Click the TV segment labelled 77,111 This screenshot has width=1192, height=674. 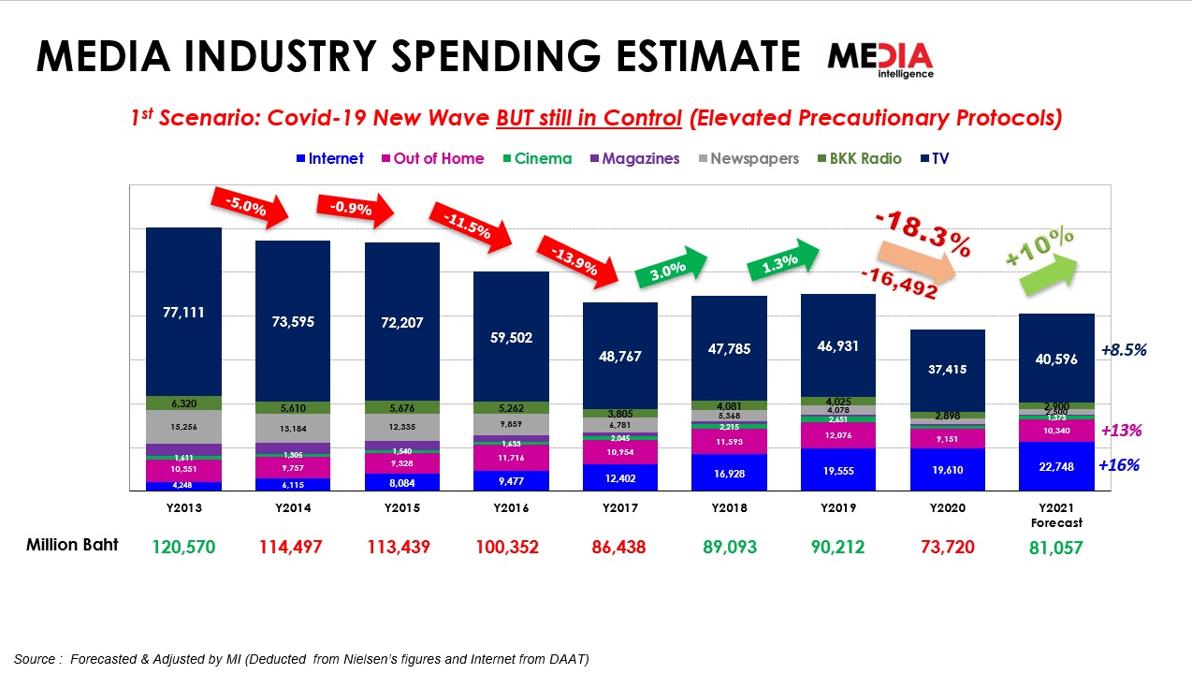click(x=183, y=312)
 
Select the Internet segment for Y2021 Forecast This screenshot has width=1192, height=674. click(x=1056, y=466)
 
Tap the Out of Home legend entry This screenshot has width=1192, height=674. click(x=431, y=158)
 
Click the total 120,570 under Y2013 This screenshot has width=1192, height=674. click(x=183, y=547)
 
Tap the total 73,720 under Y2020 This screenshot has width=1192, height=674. click(x=947, y=547)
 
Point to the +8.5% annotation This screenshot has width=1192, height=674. click(x=1124, y=350)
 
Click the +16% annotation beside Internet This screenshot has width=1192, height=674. click(x=1119, y=465)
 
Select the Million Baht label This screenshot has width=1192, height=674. click(x=72, y=545)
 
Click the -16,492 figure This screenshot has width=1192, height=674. click(x=899, y=284)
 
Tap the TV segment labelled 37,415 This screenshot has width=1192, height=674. click(x=947, y=370)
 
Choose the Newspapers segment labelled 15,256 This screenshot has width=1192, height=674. click(x=183, y=427)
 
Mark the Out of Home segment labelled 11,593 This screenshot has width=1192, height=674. click(x=729, y=441)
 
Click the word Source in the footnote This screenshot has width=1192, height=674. click(x=34, y=659)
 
